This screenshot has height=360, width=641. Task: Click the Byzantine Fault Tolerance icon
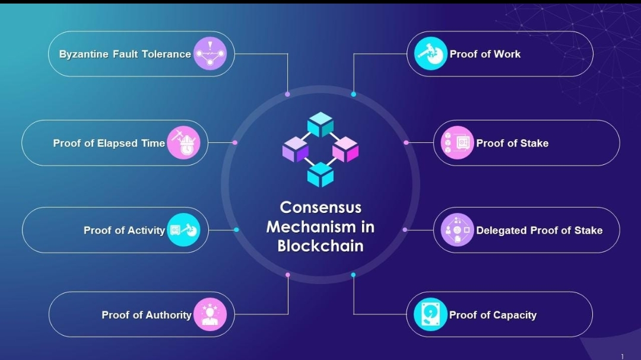coord(210,54)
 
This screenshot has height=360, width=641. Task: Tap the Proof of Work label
coord(484,54)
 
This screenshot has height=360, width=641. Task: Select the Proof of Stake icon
coord(458,143)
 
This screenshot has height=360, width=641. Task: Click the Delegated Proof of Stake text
coord(539,230)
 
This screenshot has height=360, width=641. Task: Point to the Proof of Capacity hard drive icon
coord(430,314)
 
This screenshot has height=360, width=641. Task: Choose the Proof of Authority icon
coord(210,314)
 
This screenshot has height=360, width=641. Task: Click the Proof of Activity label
coord(124,230)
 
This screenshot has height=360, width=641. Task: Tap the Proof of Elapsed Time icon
coord(183,143)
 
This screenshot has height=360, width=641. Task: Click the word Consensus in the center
coord(320,207)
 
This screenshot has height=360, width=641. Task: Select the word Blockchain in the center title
coord(320,246)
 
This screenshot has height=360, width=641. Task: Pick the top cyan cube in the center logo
coord(320,124)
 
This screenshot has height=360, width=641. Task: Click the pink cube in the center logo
coord(345,149)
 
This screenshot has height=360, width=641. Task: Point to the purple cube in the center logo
coord(295,149)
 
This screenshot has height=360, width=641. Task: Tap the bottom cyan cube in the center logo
coord(320,174)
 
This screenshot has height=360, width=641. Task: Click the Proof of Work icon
coord(430,54)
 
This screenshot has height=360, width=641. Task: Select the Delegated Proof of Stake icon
coord(458,230)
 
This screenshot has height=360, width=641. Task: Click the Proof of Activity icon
coord(183,230)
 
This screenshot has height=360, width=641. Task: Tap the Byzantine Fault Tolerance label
coord(125,54)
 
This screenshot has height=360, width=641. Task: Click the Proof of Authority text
coord(146,315)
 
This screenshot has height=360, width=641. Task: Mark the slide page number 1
coord(622,356)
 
